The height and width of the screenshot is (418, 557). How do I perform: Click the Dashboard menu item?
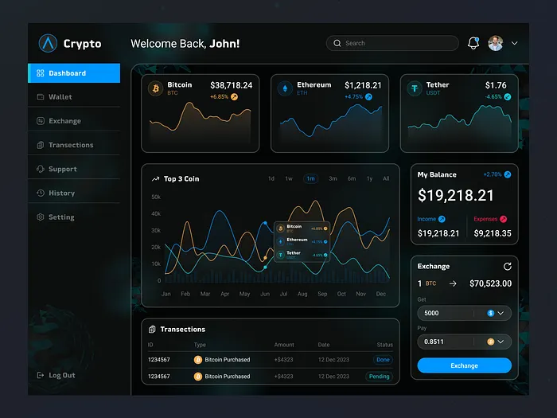(x=73, y=73)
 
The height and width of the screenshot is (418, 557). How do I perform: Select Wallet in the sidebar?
(x=60, y=97)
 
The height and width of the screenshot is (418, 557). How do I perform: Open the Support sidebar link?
(x=62, y=170)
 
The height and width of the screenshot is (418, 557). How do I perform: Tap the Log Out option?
(x=61, y=375)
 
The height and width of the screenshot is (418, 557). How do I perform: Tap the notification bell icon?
(x=473, y=43)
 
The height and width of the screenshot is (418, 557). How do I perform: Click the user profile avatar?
(x=496, y=43)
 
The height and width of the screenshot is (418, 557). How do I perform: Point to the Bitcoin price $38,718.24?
(x=231, y=85)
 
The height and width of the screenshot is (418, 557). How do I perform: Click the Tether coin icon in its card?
(x=415, y=88)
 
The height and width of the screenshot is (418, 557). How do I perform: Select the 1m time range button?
(x=310, y=179)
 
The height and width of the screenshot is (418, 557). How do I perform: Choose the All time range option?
(x=386, y=179)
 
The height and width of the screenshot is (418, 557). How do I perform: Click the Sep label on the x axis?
(x=322, y=294)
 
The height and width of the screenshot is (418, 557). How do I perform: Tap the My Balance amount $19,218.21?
(x=456, y=196)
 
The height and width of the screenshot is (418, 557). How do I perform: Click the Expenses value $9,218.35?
(x=493, y=233)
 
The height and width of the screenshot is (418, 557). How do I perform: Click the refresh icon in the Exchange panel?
(x=507, y=266)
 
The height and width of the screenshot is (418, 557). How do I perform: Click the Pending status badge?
(x=380, y=377)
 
